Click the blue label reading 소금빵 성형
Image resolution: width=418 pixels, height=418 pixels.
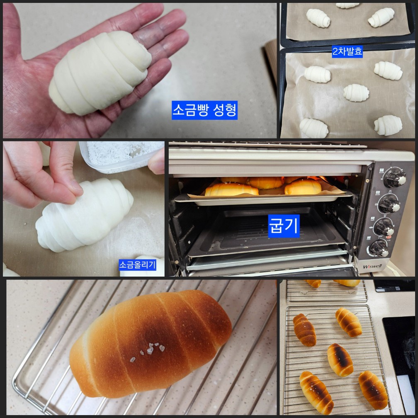point(204,111)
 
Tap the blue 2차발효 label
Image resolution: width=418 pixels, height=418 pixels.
point(348,53)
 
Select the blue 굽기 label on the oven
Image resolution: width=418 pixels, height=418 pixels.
point(284,226)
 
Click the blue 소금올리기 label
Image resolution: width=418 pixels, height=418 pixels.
point(137,265)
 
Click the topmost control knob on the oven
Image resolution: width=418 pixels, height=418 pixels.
point(394,178)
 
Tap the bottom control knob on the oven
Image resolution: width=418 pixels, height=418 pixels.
point(379,248)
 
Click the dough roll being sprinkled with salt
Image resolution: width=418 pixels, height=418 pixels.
point(85,216)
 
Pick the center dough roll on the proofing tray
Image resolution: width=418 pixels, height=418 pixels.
point(356,92)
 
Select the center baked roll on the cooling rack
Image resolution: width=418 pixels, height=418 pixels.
point(340,360)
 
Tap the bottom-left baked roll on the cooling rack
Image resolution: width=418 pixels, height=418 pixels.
point(316,391)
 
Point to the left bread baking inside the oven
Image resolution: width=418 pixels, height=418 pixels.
point(231,190)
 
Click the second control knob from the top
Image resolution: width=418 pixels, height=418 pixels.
point(389,203)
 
